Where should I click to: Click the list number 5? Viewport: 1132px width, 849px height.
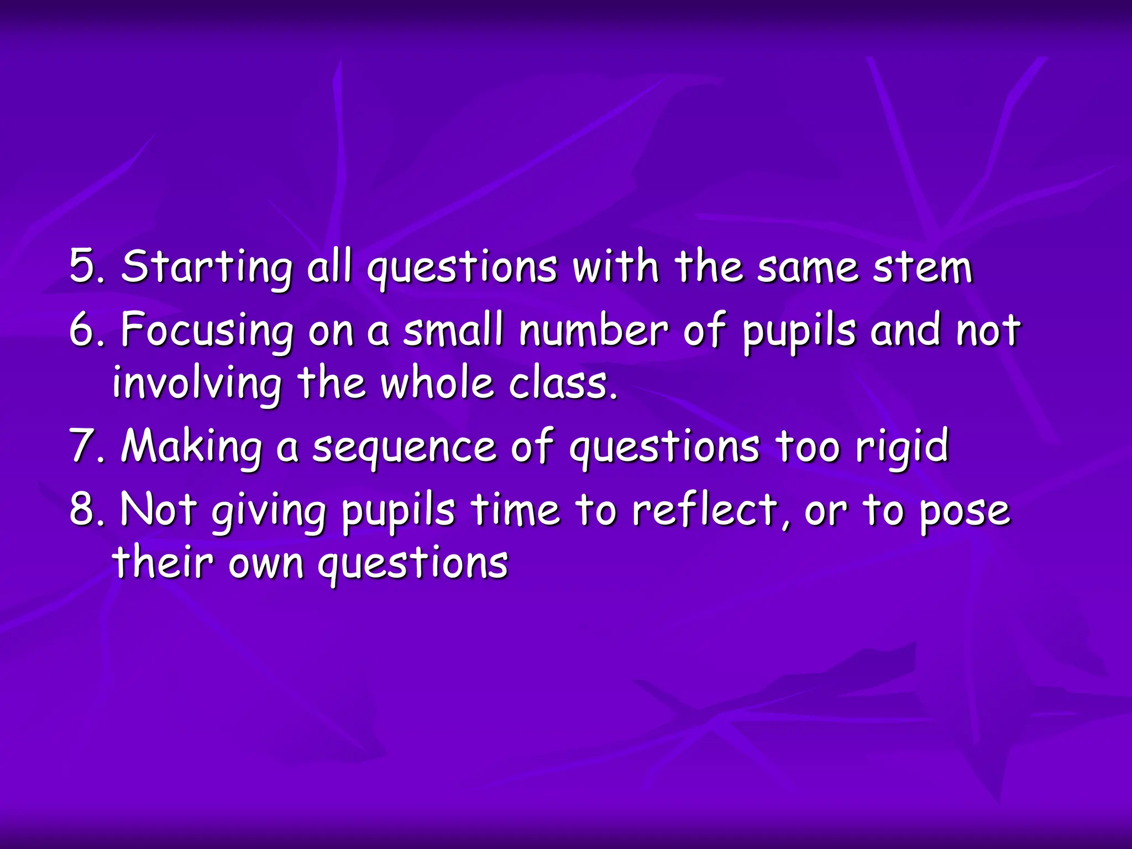[x=85, y=266]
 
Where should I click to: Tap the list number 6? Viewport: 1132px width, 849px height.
[x=85, y=329]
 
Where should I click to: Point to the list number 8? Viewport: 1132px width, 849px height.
[x=85, y=509]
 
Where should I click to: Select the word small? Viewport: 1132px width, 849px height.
[x=453, y=329]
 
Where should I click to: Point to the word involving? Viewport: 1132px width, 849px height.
[x=197, y=385]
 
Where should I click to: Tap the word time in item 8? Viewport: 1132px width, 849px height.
[x=515, y=509]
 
